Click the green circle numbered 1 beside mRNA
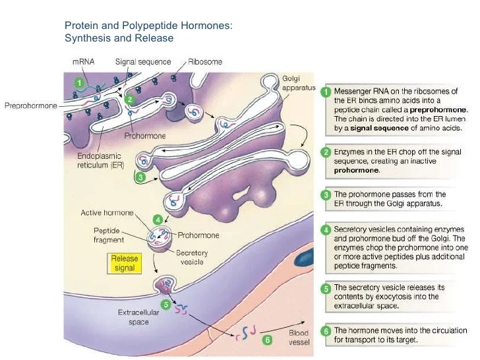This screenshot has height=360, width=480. (79, 84)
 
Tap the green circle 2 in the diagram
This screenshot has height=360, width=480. (130, 100)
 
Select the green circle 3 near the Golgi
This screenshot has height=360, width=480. (140, 177)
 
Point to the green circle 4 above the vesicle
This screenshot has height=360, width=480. (157, 219)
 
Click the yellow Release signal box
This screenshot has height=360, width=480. (125, 263)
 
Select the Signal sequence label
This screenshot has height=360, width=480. (143, 62)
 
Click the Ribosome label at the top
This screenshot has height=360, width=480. (205, 62)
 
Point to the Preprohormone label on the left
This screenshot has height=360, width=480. (30, 104)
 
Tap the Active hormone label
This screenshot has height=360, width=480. (107, 213)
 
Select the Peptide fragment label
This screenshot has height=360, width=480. (111, 236)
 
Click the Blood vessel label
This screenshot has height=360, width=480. (299, 338)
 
